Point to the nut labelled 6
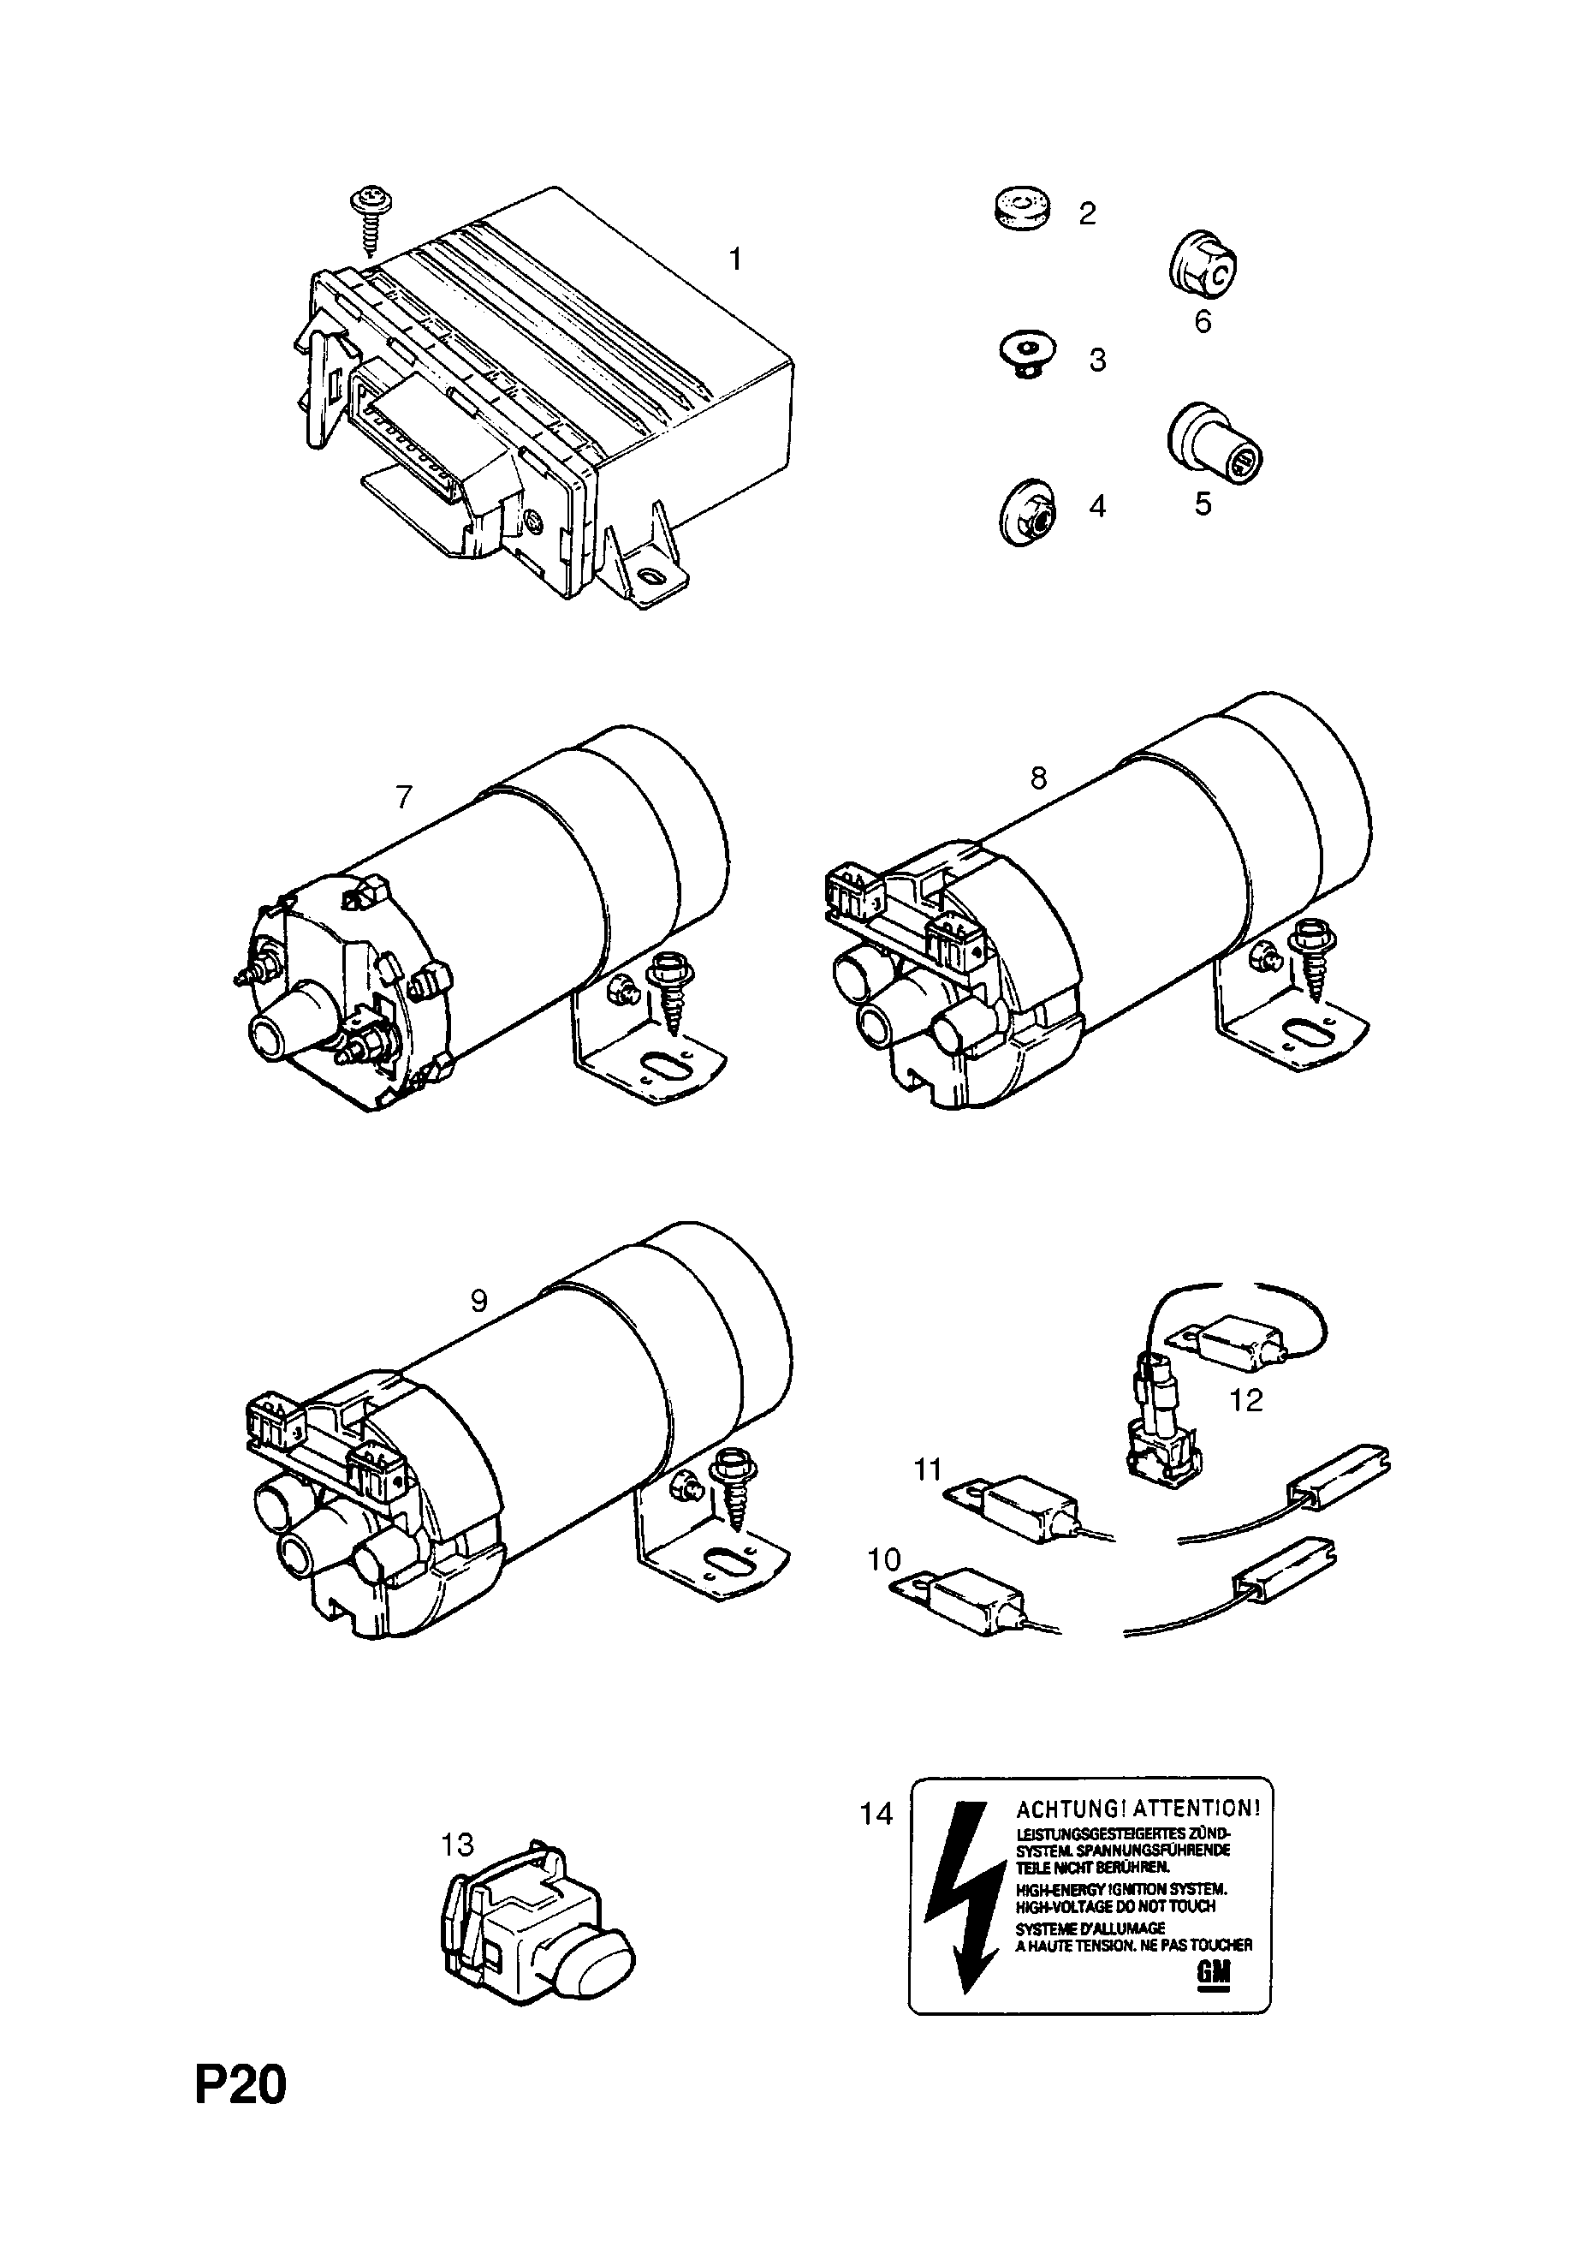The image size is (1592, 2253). (1203, 264)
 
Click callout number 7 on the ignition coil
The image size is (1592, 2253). (404, 796)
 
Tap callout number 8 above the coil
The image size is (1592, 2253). (1037, 778)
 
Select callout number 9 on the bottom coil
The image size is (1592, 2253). (478, 1301)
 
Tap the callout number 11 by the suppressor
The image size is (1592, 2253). (928, 1498)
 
